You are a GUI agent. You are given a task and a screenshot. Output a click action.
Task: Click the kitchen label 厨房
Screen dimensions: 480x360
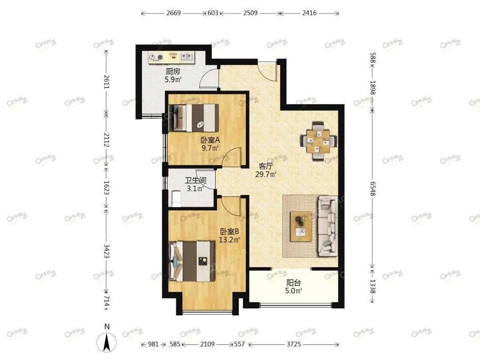coord(173,72)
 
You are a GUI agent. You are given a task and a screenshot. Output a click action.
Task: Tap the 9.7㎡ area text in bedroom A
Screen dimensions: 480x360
coord(210,149)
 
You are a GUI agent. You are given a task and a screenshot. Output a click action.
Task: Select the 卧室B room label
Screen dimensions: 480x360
coord(230,232)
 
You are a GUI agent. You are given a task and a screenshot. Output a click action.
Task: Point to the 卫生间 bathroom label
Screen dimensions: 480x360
coord(195,180)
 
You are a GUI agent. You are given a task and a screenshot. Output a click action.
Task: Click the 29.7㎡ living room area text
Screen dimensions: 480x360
coord(266,174)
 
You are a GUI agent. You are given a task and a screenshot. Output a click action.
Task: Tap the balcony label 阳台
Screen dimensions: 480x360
coord(293,283)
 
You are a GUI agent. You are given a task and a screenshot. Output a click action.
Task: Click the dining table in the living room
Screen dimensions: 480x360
coord(319,141)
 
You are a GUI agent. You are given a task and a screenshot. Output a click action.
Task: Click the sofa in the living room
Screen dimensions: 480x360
coord(328,226)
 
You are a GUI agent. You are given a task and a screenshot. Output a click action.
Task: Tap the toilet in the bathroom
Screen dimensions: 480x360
coord(176,199)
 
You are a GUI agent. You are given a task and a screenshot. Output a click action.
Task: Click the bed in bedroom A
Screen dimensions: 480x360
coord(194,118)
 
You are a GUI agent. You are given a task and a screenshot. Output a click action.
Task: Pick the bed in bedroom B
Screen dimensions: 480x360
coord(192,261)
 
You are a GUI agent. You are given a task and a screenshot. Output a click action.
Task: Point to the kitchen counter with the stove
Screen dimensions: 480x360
coord(172,58)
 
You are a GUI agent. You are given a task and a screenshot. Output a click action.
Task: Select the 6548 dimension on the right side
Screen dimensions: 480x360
coord(373,188)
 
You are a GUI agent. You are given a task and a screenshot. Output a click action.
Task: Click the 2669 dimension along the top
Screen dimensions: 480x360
coord(173,13)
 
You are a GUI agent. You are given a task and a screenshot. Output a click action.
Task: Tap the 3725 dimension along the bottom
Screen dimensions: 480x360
coord(293,345)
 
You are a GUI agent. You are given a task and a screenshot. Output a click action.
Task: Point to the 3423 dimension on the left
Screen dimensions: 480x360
coord(106,251)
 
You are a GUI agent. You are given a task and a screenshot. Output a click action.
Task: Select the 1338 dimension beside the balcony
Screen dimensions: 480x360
coord(373,286)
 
